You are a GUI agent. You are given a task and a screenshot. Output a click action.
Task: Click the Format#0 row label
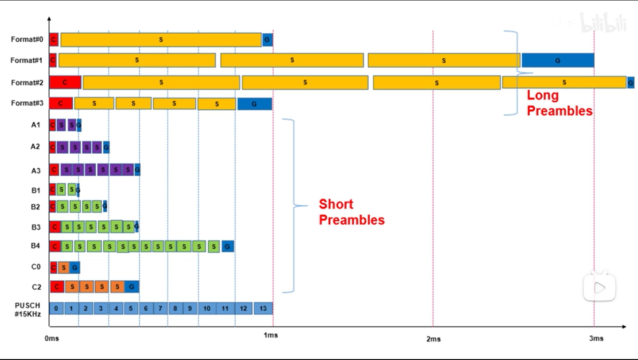(27, 39)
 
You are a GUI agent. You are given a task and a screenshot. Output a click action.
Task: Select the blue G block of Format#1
(558, 60)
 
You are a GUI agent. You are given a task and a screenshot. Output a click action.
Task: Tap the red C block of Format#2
(65, 82)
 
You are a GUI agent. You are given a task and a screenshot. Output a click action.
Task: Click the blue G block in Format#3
(254, 104)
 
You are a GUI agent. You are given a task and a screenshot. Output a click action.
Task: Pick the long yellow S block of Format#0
(161, 40)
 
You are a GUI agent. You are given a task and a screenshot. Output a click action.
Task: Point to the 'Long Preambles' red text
(559, 103)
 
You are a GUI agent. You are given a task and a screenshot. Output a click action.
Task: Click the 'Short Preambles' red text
(351, 212)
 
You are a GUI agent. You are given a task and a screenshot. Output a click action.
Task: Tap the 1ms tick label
(271, 335)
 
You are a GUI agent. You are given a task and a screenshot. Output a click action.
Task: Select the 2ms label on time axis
(433, 338)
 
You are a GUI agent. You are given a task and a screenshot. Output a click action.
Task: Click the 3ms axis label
(596, 338)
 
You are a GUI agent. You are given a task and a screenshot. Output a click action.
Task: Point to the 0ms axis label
(52, 338)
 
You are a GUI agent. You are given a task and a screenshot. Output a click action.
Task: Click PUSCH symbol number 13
(263, 308)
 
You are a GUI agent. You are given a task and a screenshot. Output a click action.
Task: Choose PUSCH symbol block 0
(56, 308)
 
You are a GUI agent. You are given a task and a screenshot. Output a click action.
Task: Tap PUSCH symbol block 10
(207, 308)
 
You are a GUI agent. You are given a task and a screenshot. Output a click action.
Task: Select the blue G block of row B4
(228, 247)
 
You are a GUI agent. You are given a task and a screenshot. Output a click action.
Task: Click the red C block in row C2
(57, 286)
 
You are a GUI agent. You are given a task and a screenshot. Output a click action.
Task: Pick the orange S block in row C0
(64, 268)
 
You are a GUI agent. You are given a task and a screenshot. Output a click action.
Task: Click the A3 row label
(36, 171)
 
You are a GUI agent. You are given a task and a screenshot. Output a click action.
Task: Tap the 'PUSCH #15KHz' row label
(28, 309)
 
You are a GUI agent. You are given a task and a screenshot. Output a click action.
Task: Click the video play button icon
(599, 287)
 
